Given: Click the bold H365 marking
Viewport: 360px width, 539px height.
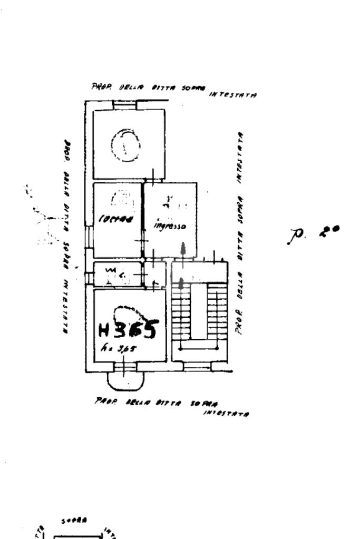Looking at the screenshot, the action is [x=128, y=330].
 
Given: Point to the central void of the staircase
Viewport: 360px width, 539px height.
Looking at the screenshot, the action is [x=199, y=311].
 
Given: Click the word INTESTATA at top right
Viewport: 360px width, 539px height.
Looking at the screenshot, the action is [x=233, y=95].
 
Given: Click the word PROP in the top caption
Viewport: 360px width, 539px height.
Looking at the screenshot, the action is [x=99, y=86].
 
